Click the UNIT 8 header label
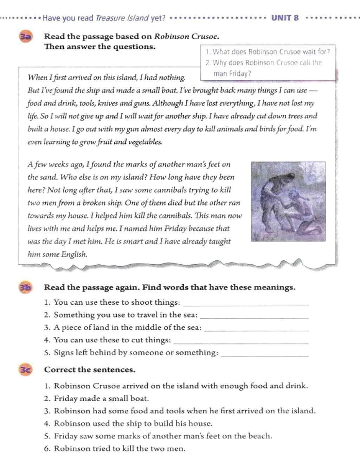(x=285, y=18)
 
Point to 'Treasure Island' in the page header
(x=122, y=18)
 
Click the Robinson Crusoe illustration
(x=288, y=201)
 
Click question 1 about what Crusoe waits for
(x=268, y=52)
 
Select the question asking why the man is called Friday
(x=264, y=68)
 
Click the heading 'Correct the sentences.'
(x=90, y=370)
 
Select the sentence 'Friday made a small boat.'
(x=101, y=399)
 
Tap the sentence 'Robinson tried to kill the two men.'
(x=120, y=449)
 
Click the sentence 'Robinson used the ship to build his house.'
(x=133, y=424)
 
